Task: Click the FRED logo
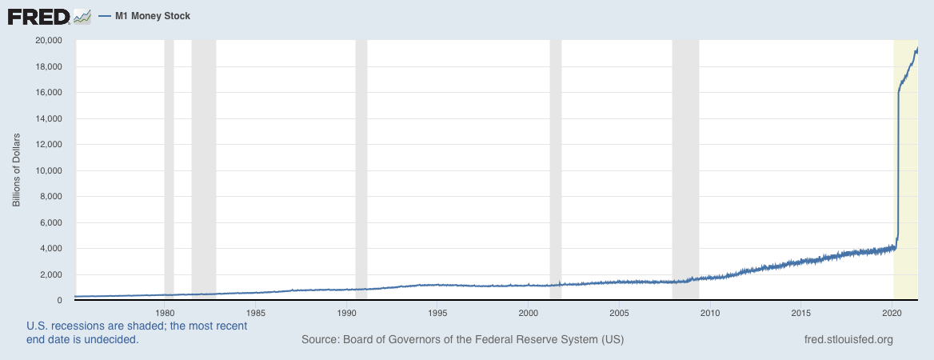pos(49,15)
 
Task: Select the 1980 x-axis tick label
pos(165,312)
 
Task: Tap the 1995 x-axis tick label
pos(437,312)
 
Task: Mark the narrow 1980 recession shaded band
pos(169,168)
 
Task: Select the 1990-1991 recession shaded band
pos(361,168)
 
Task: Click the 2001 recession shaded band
pos(556,168)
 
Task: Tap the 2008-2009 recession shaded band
pos(685,168)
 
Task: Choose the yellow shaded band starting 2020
pos(905,168)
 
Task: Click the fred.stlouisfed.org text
pos(848,340)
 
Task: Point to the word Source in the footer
pos(320,340)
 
